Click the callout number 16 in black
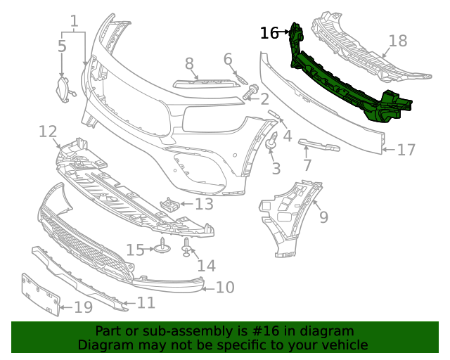point(269,32)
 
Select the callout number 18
point(398,41)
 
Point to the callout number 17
point(406,150)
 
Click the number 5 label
point(62,46)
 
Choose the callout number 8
point(189,64)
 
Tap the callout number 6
point(228,59)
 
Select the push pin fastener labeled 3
point(271,143)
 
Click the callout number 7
point(307,166)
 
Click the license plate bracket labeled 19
point(39,295)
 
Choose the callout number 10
point(224,287)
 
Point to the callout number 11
point(146,303)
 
